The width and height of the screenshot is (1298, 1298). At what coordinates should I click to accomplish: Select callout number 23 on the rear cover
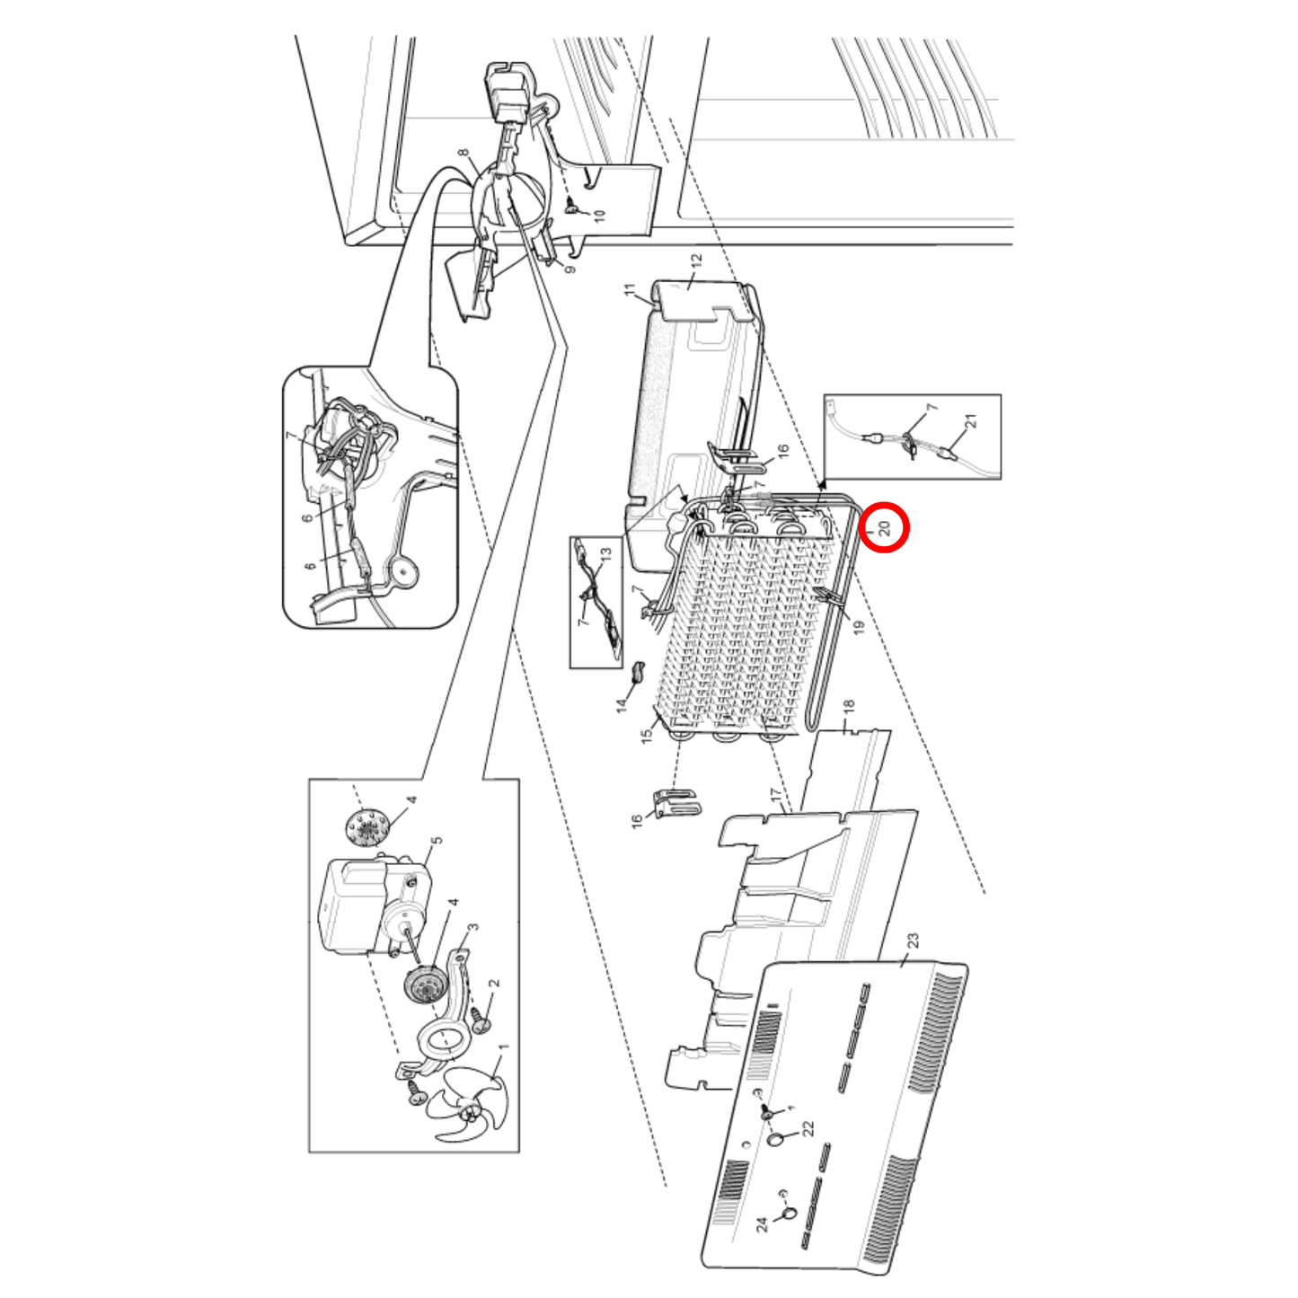913,940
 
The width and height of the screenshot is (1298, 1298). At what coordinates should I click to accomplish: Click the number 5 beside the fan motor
437,842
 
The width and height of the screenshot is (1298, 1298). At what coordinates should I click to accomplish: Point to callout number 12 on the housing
696,260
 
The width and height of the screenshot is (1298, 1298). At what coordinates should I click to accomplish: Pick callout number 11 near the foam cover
630,290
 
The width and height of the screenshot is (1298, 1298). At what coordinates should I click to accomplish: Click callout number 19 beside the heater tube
859,627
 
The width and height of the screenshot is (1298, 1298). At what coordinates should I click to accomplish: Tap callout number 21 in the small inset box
970,421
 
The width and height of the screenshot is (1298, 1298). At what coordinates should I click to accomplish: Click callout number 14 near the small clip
622,705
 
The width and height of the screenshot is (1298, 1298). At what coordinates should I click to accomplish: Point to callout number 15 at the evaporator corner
647,736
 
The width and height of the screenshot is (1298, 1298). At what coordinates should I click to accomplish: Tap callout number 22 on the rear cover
808,1128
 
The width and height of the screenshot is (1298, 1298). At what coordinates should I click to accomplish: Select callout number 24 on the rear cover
762,1223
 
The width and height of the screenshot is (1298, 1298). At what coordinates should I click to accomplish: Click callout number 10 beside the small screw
600,216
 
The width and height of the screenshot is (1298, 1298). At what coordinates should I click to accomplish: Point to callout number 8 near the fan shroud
463,154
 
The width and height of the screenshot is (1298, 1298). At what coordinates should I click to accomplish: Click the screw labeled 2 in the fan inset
480,1019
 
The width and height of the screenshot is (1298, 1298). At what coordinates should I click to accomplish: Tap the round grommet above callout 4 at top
366,826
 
